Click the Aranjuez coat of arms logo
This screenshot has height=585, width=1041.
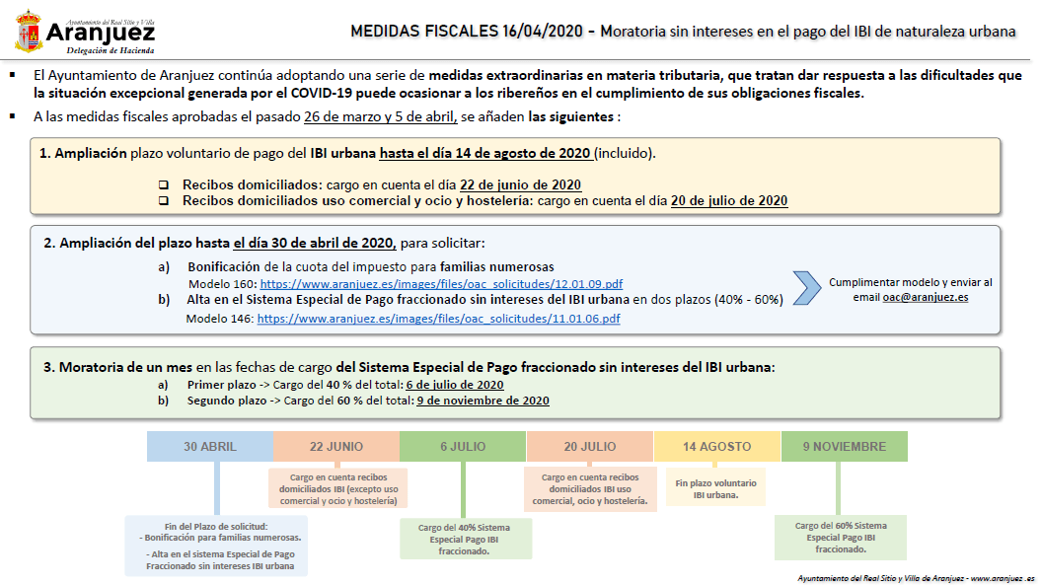29,32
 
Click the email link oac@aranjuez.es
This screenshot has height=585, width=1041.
926,296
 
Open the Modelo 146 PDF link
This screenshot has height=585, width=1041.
438,319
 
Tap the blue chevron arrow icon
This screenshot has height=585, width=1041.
807,287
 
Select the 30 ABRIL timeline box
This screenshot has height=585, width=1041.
210,447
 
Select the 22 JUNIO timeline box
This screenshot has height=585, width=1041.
336,447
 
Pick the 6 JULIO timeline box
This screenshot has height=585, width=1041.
463,447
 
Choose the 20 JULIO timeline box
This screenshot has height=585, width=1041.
590,447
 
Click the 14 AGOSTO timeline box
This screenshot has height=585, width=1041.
716,447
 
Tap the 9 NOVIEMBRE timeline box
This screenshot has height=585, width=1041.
844,447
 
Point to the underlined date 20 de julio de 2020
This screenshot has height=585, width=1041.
728,200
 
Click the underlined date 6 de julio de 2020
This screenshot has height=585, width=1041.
455,385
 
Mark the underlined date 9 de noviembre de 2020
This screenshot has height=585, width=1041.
483,401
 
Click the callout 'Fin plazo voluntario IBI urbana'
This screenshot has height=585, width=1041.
715,489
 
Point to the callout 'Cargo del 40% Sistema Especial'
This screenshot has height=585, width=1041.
463,539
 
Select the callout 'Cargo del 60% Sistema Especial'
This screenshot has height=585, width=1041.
840,538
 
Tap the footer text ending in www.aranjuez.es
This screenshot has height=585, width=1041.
915,577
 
